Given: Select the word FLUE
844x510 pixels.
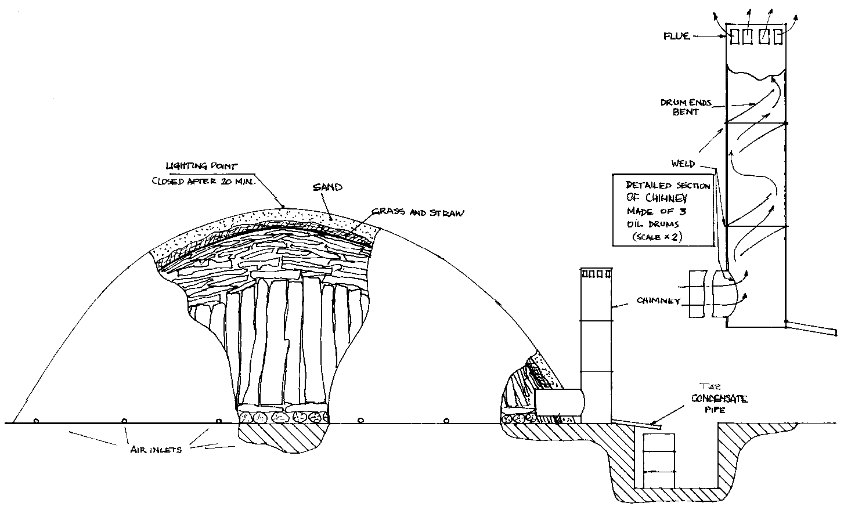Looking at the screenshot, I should (x=677, y=36).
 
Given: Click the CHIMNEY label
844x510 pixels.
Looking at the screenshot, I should (x=659, y=301).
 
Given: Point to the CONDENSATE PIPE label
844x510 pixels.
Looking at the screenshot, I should (x=719, y=403).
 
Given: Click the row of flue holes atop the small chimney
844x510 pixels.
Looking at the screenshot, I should (x=597, y=273).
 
